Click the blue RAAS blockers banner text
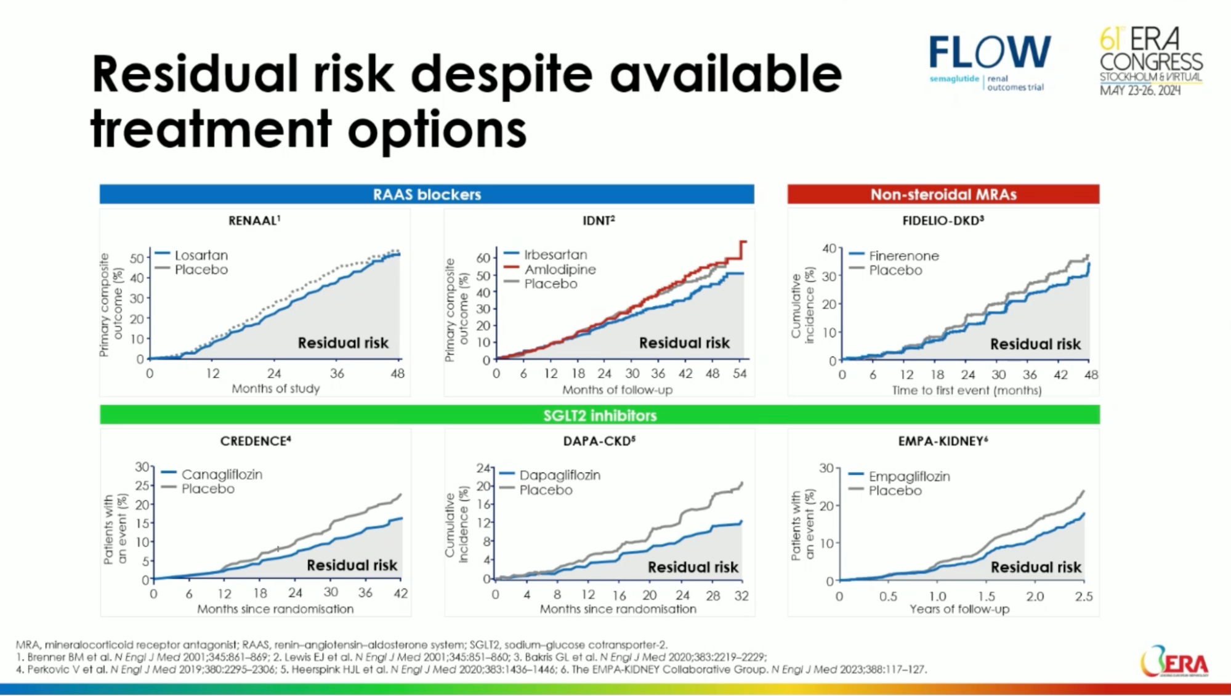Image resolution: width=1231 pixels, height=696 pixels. [x=427, y=195]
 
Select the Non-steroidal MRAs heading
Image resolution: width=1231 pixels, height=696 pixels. [x=943, y=195]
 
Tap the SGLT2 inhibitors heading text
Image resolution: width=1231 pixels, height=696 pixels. [x=600, y=415]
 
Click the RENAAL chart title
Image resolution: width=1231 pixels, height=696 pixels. [x=254, y=221]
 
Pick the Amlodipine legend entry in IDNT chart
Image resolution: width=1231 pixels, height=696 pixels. [x=560, y=269]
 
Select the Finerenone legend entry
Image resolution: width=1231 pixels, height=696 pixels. [x=903, y=256]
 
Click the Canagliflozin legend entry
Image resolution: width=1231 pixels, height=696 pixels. [x=221, y=474]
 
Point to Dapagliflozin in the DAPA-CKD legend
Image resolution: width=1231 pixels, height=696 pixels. [x=559, y=475]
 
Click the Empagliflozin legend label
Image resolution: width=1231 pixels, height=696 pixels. [x=909, y=476]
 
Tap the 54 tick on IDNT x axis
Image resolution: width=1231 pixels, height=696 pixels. [x=739, y=373]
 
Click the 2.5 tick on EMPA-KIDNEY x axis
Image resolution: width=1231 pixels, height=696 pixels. [x=1083, y=596]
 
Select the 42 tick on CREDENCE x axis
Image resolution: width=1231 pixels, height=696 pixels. [x=400, y=593]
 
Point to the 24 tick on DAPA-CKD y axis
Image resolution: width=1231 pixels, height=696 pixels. [x=483, y=468]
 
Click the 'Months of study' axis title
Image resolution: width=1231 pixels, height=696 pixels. [x=275, y=389]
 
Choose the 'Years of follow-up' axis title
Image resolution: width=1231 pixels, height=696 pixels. [x=959, y=609]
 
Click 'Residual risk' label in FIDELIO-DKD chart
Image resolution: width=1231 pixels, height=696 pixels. [x=1035, y=344]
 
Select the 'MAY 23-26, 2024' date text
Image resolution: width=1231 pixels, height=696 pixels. [x=1140, y=91]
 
